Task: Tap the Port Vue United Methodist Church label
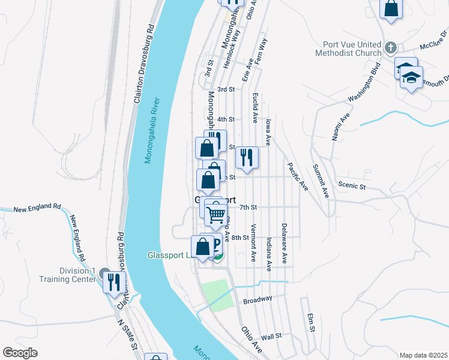point(348,49)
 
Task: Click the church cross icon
point(390,47)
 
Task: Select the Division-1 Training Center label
point(67,274)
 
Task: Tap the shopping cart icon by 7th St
point(215,213)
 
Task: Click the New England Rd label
point(37,208)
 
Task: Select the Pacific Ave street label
point(297,176)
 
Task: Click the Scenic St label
point(352,186)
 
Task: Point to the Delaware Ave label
point(284,245)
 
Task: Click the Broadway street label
point(258,299)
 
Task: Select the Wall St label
point(271,337)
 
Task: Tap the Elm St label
point(311,323)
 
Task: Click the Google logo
point(20,353)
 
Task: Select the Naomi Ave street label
point(340,124)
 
